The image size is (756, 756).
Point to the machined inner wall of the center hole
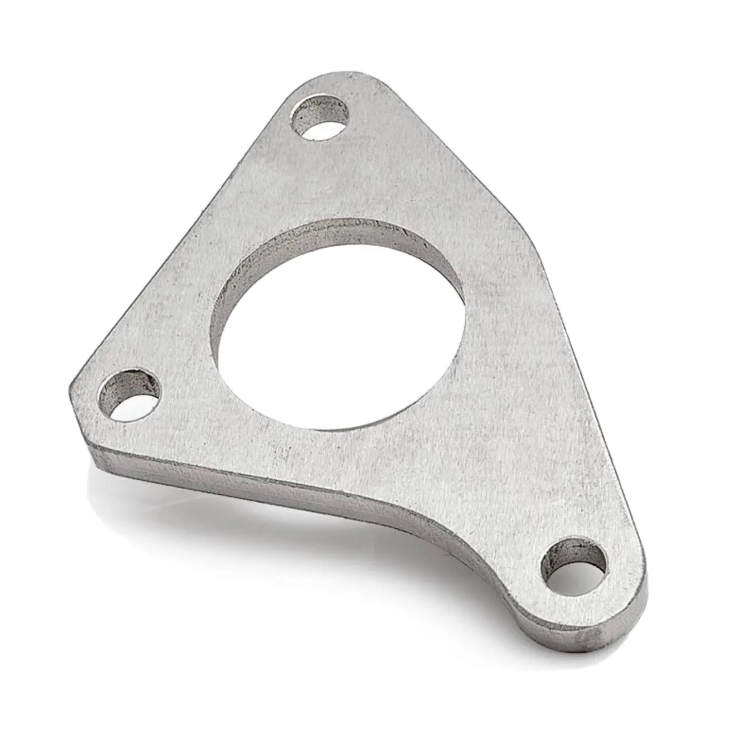coord(335,238)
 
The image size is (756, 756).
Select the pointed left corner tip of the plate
coord(73,386)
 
